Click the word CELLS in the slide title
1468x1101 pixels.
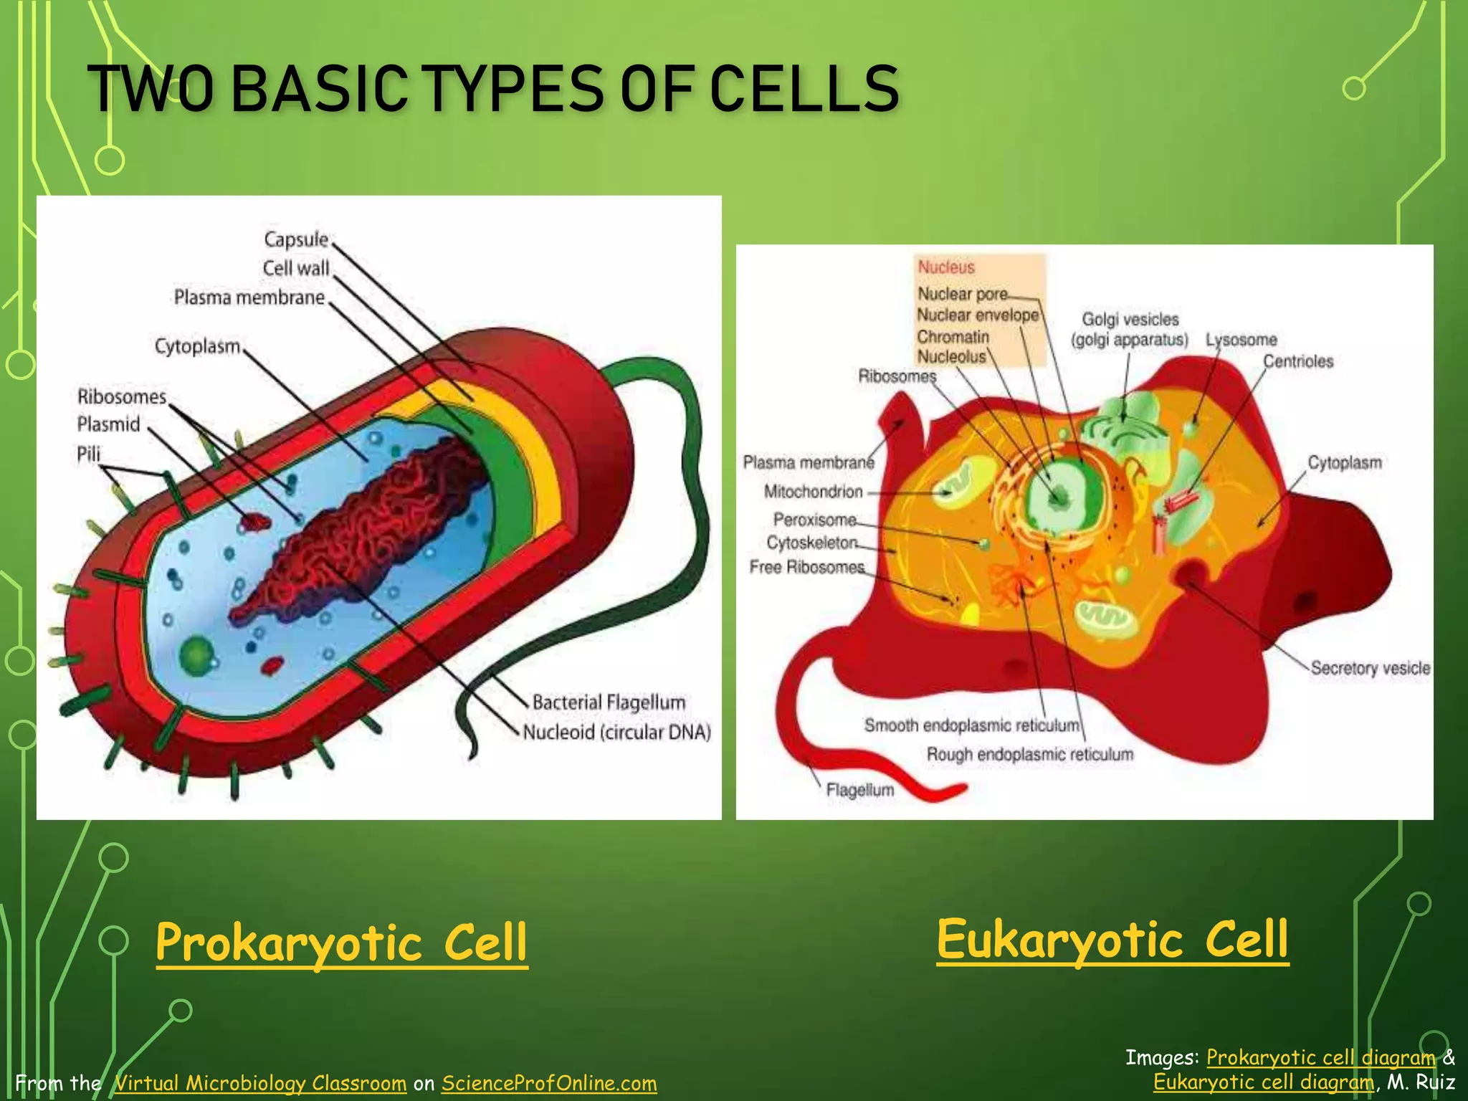804,89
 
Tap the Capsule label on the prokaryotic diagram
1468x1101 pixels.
295,239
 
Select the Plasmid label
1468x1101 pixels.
108,424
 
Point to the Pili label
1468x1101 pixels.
89,454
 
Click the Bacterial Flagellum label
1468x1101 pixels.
609,702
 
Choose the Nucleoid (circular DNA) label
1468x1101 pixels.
616,732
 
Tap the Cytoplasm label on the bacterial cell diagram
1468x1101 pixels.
197,346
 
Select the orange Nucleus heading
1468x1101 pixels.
946,267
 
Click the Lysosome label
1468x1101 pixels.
1241,340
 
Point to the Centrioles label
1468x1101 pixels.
1297,361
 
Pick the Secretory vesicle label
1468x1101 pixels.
1370,668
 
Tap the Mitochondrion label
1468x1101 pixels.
813,492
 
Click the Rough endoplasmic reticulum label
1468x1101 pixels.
1029,754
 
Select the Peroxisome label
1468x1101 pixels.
814,519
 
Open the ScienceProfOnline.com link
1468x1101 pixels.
548,1082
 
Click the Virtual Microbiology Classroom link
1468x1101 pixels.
260,1082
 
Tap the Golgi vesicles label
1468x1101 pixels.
1130,319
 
